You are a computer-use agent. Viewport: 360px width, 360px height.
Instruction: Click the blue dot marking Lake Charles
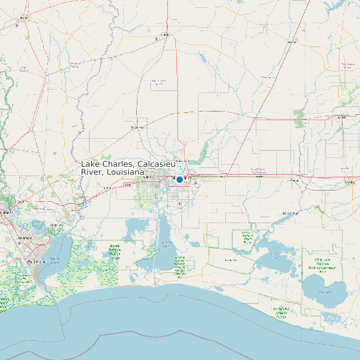point(179,179)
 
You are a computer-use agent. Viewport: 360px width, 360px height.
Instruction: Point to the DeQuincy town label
point(137,127)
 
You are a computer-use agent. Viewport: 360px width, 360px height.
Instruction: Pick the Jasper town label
point(25,17)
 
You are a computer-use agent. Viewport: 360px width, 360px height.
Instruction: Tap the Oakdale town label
point(290,42)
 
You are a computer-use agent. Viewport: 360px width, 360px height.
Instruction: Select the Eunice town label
point(347,65)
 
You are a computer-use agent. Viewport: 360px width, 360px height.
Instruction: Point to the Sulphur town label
point(139,178)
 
